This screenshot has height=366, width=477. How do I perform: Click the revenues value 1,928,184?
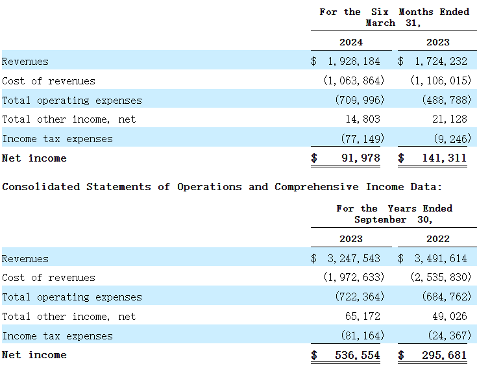pyautogui.click(x=354, y=62)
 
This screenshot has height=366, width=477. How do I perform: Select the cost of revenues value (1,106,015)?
pyautogui.click(x=441, y=81)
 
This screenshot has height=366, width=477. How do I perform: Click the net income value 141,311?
pyautogui.click(x=445, y=158)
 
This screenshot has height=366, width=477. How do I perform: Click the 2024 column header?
pyautogui.click(x=351, y=42)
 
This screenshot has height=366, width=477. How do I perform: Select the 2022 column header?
pyautogui.click(x=438, y=239)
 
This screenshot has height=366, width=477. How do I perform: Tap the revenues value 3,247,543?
pyautogui.click(x=354, y=259)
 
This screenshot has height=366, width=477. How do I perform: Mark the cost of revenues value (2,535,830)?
pyautogui.click(x=441, y=278)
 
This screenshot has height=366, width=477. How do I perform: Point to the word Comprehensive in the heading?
pyautogui.click(x=316, y=187)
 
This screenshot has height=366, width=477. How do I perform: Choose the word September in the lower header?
pyautogui.click(x=380, y=219)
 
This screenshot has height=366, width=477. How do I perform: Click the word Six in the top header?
pyautogui.click(x=380, y=12)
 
